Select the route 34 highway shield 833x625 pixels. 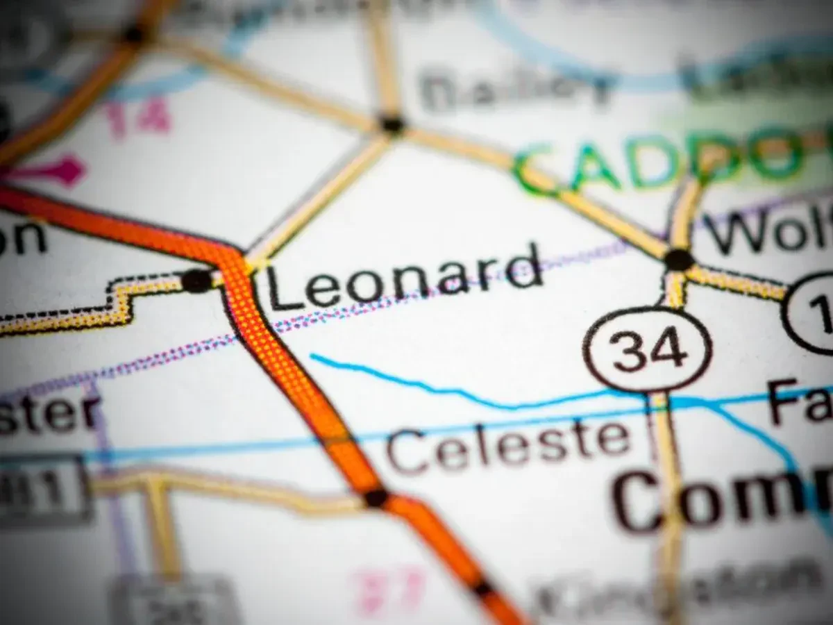point(647,350)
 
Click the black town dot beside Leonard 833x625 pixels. point(196,281)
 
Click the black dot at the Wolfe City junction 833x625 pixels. point(678,260)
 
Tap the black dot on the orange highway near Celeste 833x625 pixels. point(376,497)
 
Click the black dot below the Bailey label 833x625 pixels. point(392,124)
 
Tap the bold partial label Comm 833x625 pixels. point(722,500)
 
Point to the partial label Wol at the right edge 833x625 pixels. point(767,233)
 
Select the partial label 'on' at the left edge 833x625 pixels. point(21,238)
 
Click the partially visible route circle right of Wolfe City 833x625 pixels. point(809,312)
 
